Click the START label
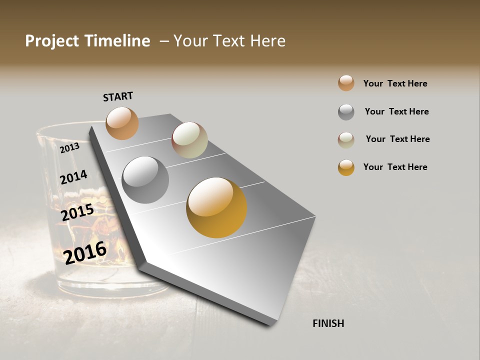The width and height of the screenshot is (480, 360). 118,96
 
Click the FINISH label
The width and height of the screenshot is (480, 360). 328,323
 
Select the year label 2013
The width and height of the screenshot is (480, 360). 69,147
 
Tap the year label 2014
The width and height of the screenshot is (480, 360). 73,177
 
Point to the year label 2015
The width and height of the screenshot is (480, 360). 77,212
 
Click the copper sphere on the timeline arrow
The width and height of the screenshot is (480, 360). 122,123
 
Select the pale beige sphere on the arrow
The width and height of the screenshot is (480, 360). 189,140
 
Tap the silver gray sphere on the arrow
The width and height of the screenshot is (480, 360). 145,180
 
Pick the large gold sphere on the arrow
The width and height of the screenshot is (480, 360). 216,207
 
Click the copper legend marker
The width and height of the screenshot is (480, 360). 346,83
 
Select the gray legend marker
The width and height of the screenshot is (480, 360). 346,112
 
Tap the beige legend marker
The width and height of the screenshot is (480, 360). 346,140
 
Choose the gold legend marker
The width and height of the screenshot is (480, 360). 346,167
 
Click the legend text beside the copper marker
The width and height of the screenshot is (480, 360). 395,83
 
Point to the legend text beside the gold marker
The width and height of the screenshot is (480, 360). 395,167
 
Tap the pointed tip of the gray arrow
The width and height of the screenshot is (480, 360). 272,323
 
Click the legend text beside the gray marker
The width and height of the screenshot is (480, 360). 396,111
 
